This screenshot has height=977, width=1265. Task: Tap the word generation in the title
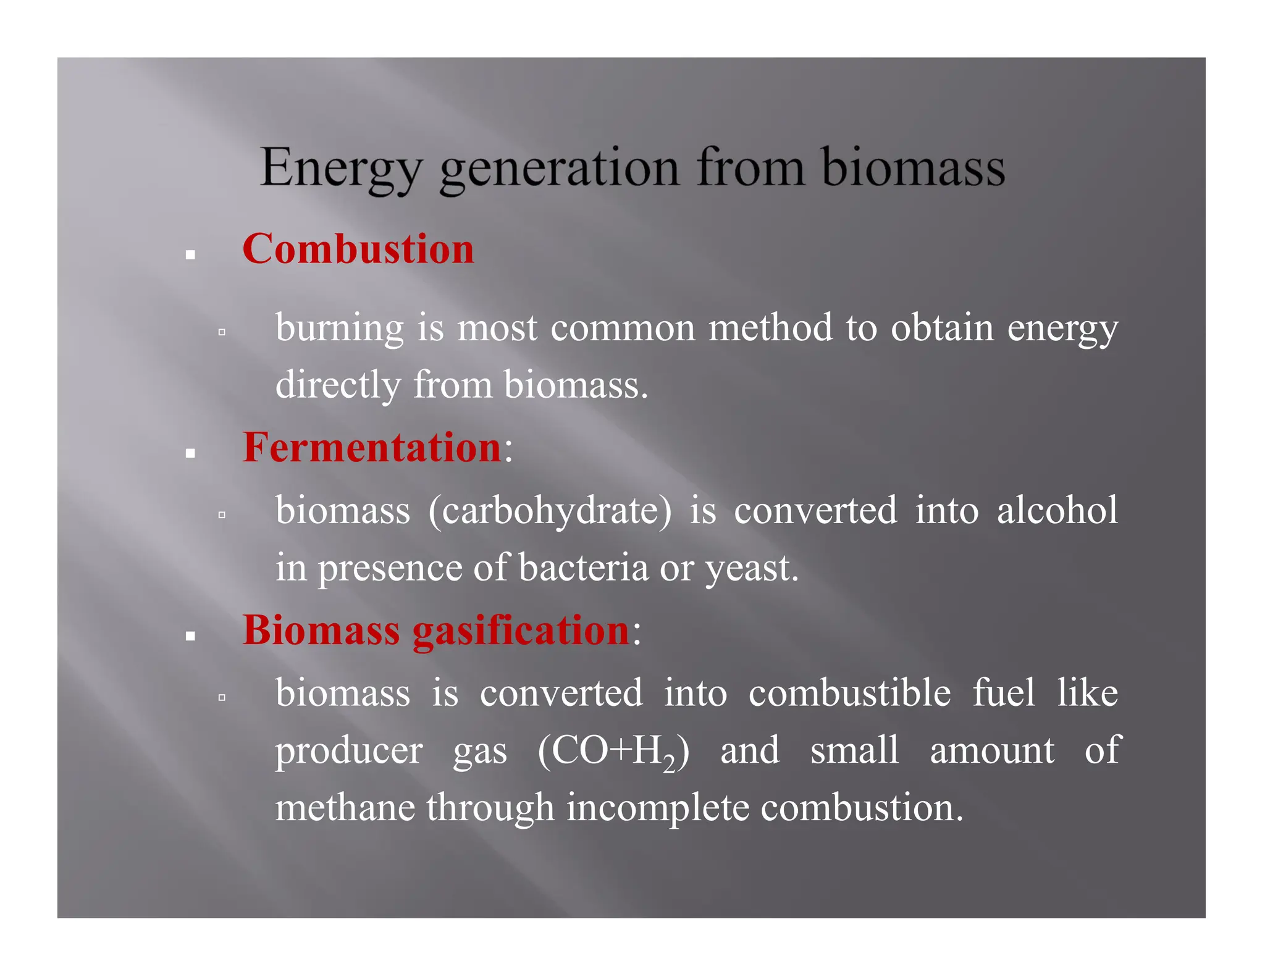click(x=559, y=169)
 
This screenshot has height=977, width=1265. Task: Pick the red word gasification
click(x=521, y=631)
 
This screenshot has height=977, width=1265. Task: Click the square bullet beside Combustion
click(x=190, y=254)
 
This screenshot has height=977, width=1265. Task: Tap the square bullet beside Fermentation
click(x=190, y=454)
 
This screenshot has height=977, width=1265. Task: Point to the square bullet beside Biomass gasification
click(x=190, y=636)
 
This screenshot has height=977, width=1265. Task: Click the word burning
click(x=339, y=327)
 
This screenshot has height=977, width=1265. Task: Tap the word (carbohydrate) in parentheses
click(x=550, y=511)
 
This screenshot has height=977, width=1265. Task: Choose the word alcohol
click(x=1057, y=510)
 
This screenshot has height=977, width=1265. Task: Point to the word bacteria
click(x=583, y=568)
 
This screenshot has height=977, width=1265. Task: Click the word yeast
click(x=752, y=569)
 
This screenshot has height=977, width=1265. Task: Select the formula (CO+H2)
click(x=613, y=752)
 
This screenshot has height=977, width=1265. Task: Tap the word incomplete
click(x=657, y=809)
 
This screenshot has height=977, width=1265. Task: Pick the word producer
click(x=349, y=752)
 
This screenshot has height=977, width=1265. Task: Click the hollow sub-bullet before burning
click(x=222, y=332)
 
